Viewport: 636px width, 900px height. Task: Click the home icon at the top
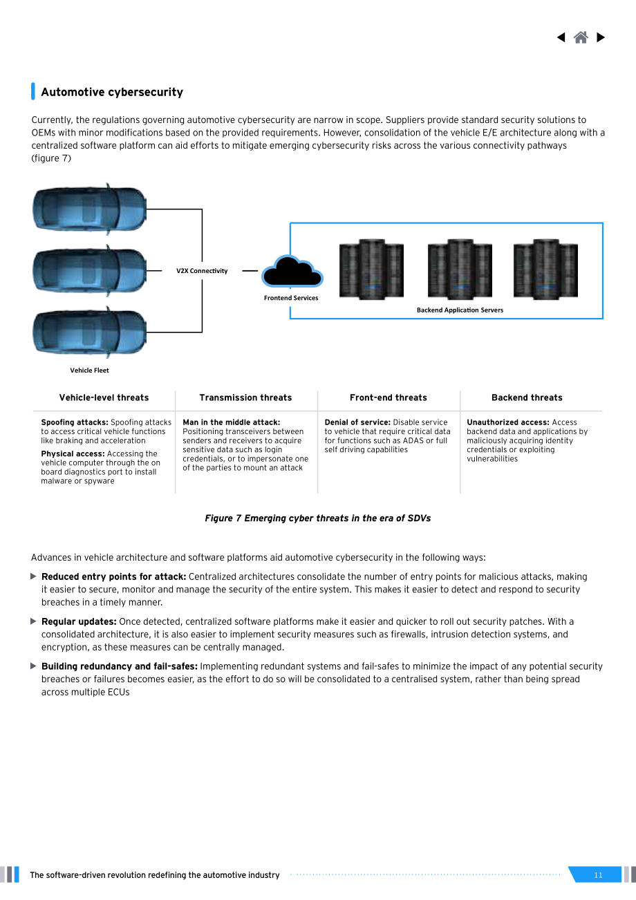tap(581, 37)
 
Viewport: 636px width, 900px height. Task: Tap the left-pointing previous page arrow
tap(561, 37)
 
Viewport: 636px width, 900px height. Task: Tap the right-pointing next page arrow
tap(601, 37)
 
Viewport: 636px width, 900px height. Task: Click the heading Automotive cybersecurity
tap(112, 92)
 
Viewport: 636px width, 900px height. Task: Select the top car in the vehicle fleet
tap(90, 209)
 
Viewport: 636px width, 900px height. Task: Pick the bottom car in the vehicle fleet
tap(90, 332)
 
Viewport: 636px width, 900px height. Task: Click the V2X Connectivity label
tap(202, 271)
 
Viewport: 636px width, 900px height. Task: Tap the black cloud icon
tap(292, 272)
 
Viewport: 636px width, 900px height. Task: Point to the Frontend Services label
tap(291, 298)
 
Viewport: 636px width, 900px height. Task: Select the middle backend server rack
tap(460, 269)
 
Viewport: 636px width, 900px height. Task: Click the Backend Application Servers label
tap(460, 310)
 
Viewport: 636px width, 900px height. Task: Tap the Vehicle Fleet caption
tap(89, 370)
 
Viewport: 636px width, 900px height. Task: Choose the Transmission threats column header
tap(245, 397)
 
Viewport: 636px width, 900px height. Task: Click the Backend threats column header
tap(527, 397)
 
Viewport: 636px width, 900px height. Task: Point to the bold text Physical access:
tap(73, 453)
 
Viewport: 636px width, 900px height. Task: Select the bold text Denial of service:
tap(357, 422)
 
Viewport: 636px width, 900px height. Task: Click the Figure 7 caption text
tap(318, 518)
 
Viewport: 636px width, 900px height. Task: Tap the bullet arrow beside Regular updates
tap(33, 621)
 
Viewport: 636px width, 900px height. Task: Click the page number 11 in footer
tap(598, 874)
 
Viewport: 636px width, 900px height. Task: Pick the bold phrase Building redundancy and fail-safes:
tap(120, 666)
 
